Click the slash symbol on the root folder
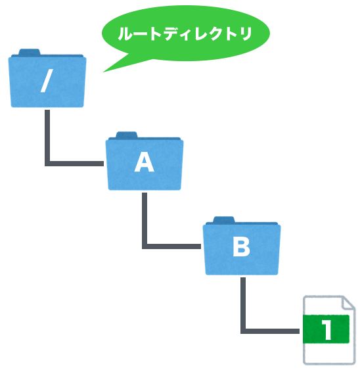47,81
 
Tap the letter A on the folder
144,162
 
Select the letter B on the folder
241,247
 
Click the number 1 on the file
327,329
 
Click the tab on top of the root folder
30,52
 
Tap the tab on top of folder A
127,135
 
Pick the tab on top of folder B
223,220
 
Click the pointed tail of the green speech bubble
104,71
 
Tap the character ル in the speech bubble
125,34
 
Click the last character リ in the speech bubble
246,34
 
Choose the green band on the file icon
326,329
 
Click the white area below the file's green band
329,353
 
